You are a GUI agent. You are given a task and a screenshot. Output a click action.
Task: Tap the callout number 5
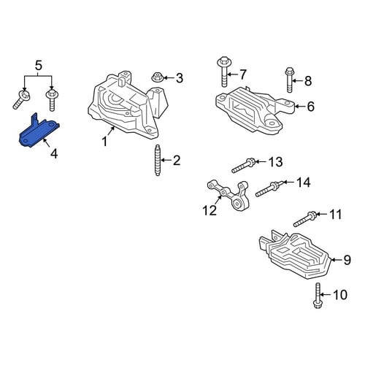click(x=39, y=66)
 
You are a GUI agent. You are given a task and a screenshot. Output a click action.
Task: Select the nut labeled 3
click(x=157, y=77)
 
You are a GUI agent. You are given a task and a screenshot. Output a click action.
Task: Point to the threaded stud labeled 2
click(x=158, y=160)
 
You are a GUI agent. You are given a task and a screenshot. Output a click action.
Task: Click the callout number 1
click(x=104, y=142)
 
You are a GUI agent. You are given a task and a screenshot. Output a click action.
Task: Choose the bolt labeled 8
click(x=289, y=80)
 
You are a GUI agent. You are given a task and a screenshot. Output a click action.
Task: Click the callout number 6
click(x=311, y=107)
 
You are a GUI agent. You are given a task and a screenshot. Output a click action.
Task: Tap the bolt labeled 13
click(x=243, y=166)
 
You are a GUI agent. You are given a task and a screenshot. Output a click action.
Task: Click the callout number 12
click(x=210, y=210)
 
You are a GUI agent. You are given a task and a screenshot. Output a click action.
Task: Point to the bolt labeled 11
click(x=305, y=219)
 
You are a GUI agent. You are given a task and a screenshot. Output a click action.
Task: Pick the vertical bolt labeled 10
click(x=317, y=296)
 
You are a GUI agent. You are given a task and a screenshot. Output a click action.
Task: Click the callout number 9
click(x=347, y=260)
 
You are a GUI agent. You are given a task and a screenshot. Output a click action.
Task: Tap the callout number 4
click(x=54, y=154)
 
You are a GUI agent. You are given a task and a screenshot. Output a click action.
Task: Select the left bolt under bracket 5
click(x=20, y=99)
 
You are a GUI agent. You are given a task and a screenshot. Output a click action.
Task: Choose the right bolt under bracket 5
click(x=52, y=100)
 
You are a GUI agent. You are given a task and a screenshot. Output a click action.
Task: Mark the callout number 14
click(x=304, y=182)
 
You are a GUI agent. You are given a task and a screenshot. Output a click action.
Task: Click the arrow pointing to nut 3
click(x=169, y=78)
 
